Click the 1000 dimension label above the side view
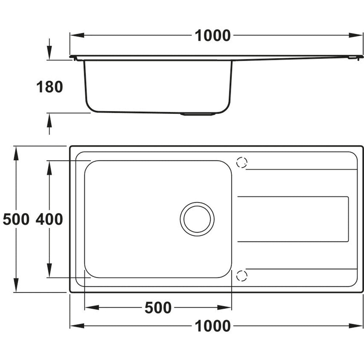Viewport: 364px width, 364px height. coord(213,36)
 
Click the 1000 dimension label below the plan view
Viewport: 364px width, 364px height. coord(213,326)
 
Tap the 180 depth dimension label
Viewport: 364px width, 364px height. coord(50,87)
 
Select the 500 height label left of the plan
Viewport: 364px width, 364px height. coord(16,219)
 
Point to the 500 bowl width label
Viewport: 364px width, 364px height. coord(158,308)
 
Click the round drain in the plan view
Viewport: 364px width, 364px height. coord(197,219)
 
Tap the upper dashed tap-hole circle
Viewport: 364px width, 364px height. coord(241,163)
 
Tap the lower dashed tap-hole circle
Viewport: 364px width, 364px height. coord(241,276)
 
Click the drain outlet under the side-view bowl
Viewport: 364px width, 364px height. coord(198,114)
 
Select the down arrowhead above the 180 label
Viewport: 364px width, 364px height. coord(50,55)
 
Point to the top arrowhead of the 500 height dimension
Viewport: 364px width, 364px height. coord(16,153)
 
